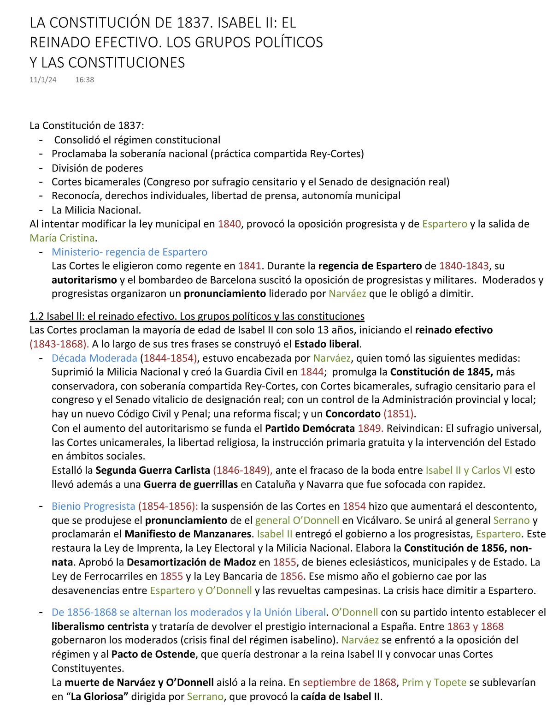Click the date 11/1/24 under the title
coord(43,80)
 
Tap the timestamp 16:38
coord(84,80)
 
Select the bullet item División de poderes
coord(97,168)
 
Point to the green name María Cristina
coord(62,238)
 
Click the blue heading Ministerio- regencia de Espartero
coord(129,252)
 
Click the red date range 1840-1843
coord(464,266)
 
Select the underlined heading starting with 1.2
coord(197,316)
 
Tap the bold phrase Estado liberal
coord(327,344)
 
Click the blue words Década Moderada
coord(94,358)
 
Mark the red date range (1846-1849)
coord(242,471)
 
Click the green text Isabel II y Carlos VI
coord(469,471)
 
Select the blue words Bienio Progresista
coord(94,506)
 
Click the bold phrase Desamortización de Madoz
coord(191,562)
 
